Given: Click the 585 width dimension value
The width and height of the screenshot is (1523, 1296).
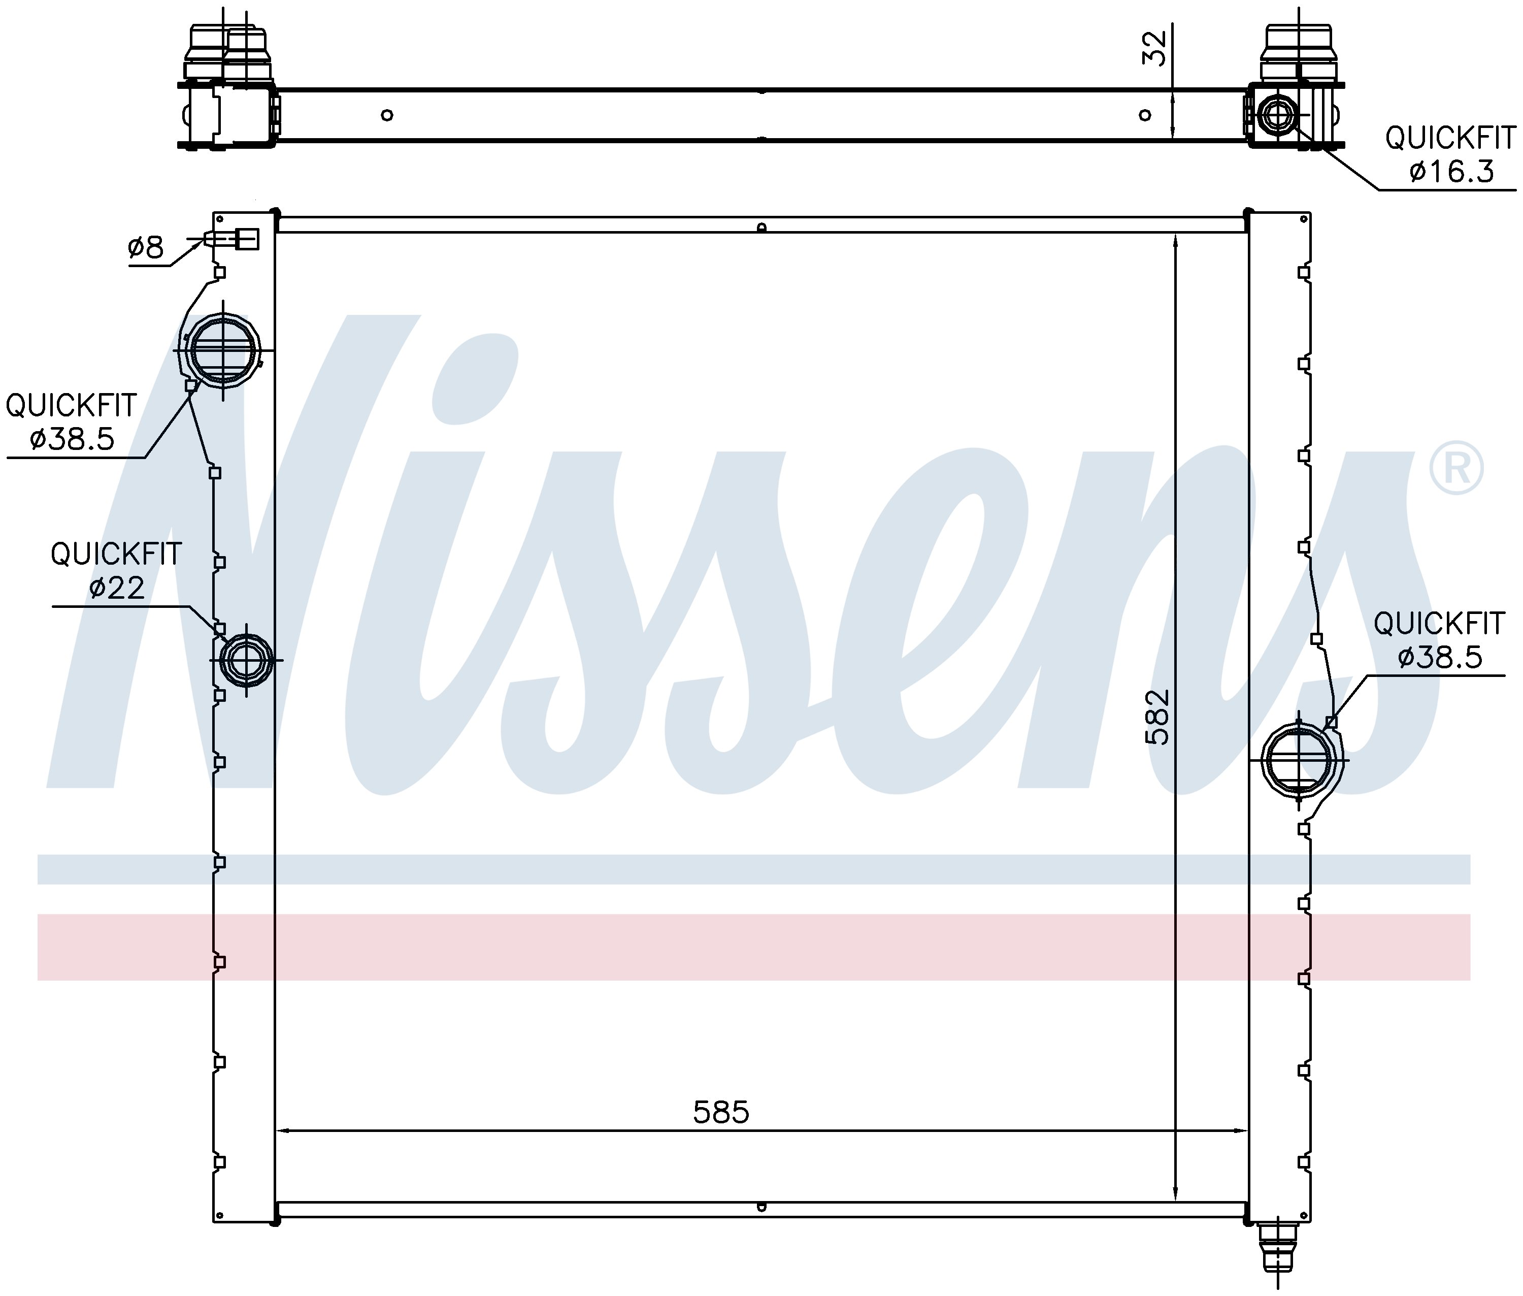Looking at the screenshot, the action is tap(721, 1112).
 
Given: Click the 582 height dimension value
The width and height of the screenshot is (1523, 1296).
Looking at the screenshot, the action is tap(1157, 717).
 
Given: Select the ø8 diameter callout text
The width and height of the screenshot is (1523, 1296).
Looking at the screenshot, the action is tap(145, 248).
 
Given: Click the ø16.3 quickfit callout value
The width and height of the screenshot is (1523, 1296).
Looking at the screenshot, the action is tap(1451, 171).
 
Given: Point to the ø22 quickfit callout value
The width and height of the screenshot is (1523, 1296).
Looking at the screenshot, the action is tap(117, 587).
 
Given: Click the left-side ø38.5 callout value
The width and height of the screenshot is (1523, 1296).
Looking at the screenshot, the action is tap(72, 439).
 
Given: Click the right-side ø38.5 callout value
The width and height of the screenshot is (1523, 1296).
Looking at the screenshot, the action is tap(1440, 656).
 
